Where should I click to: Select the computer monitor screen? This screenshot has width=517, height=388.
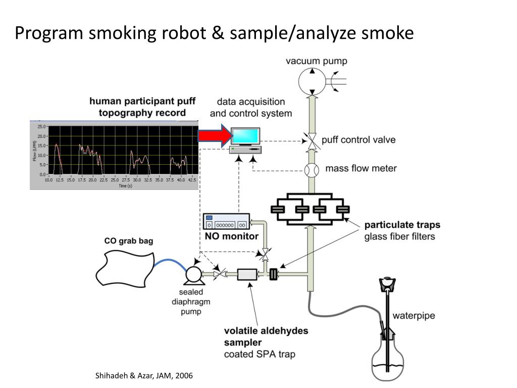pyautogui.click(x=246, y=135)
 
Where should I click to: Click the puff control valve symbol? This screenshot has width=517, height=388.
pyautogui.click(x=312, y=141)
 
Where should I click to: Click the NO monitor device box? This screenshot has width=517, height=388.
pyautogui.click(x=226, y=222)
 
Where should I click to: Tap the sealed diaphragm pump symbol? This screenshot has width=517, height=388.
pyautogui.click(x=192, y=274)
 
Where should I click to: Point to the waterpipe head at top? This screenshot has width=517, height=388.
pyautogui.click(x=388, y=284)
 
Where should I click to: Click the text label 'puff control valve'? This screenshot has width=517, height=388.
pyautogui.click(x=358, y=140)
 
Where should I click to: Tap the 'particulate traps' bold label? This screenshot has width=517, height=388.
pyautogui.click(x=402, y=225)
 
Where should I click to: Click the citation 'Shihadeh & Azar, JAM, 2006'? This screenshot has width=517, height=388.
pyautogui.click(x=144, y=376)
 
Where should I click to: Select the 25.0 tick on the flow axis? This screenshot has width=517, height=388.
pyautogui.click(x=41, y=126)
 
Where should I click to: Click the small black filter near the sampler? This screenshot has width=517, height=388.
pyautogui.click(x=274, y=274)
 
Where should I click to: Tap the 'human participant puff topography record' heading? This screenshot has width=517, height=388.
pyautogui.click(x=142, y=107)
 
